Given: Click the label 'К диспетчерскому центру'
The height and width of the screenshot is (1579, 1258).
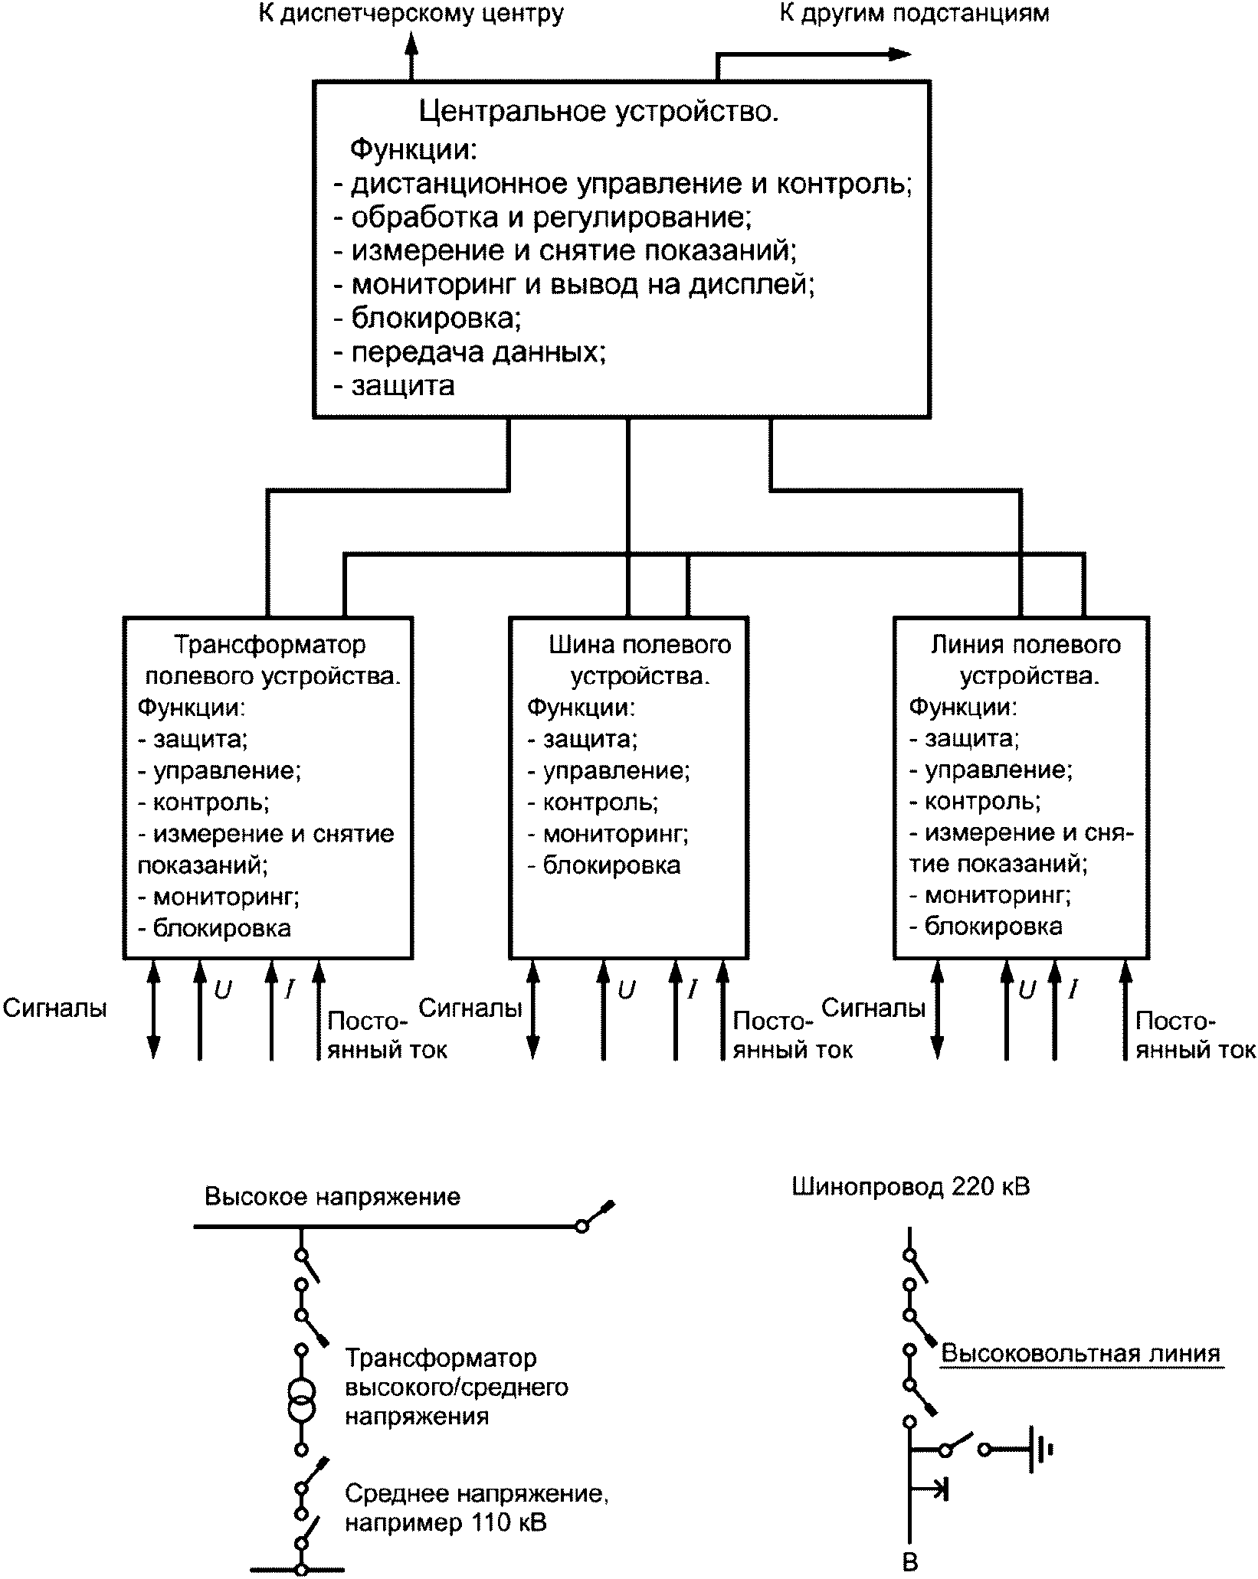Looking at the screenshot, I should pos(411,15).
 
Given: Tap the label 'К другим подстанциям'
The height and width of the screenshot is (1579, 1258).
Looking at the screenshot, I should pos(914,13).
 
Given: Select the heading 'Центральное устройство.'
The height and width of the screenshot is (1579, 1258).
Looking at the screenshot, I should pos(599,112).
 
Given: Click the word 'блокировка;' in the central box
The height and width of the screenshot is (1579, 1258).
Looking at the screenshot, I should pos(436,318).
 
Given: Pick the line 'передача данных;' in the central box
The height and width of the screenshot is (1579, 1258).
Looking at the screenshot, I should pos(478,351).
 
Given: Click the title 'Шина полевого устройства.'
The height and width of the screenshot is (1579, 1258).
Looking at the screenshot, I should pos(640,660).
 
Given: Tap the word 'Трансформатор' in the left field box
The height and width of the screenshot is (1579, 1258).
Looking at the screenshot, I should pos(270,645).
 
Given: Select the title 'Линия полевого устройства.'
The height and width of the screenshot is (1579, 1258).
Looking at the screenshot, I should pos(1025,660).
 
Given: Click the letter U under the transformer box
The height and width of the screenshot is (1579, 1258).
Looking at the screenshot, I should pos(222,991).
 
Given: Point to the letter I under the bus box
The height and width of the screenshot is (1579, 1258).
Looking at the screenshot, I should pos(693,990).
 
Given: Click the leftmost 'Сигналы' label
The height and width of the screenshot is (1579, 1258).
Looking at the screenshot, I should pos(54,1008).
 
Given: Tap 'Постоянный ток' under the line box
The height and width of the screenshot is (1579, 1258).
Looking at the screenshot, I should pos(1194,1035).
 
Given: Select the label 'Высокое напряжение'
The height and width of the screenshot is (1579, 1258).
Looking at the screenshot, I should pos(333,1197).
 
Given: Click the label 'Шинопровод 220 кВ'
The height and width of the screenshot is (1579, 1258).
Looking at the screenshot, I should pos(910,1187).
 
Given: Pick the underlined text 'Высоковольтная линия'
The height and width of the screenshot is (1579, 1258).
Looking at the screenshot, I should pos(1080,1353).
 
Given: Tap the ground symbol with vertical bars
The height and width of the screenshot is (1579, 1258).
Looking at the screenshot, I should pos(1040,1449).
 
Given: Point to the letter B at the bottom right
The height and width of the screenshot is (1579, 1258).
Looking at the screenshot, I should pos(910,1562).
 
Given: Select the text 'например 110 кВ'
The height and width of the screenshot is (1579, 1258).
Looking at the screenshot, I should pos(445,1522).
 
